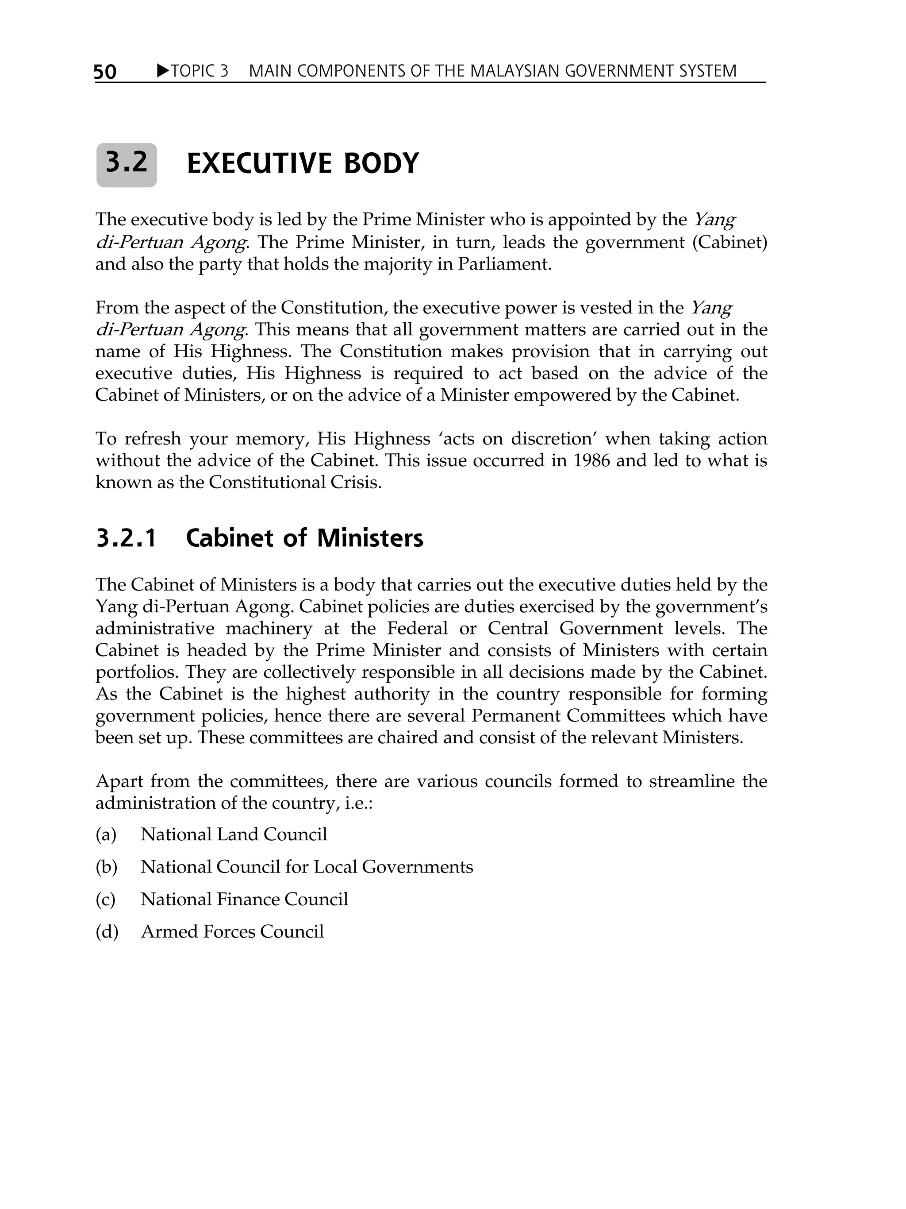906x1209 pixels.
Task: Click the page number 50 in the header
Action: pyautogui.click(x=105, y=72)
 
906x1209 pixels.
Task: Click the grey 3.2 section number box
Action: pyautogui.click(x=126, y=165)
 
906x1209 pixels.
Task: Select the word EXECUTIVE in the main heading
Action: pyautogui.click(x=259, y=164)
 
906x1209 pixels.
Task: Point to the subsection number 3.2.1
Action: pyautogui.click(x=126, y=538)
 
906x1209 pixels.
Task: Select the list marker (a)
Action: pyautogui.click(x=106, y=834)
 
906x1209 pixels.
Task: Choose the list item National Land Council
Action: pyautogui.click(x=234, y=834)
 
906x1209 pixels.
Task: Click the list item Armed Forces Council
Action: pyautogui.click(x=233, y=932)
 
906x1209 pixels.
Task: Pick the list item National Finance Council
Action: pyautogui.click(x=244, y=900)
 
